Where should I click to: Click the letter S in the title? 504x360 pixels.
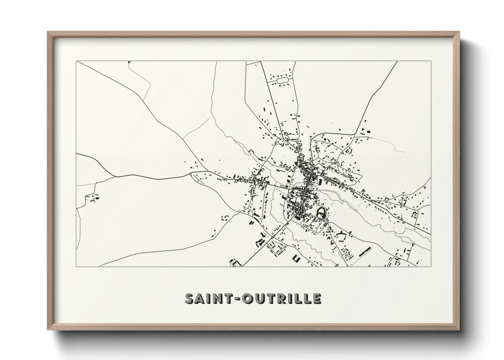[190, 298]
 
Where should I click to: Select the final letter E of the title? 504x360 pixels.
[316, 298]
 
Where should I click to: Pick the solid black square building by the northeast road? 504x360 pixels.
[367, 131]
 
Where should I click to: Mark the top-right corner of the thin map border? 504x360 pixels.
[431, 61]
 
